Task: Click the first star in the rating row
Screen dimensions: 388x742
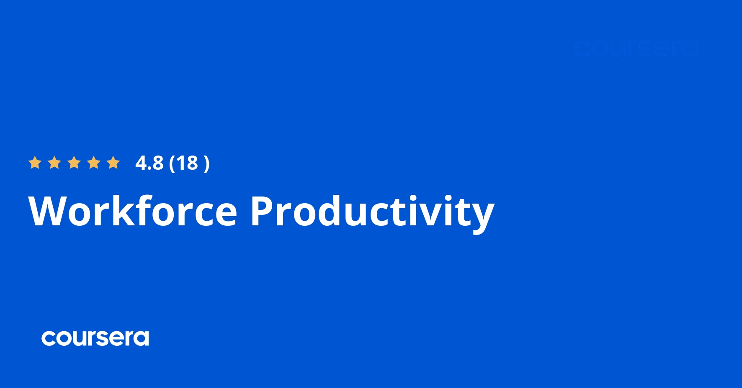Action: (x=35, y=163)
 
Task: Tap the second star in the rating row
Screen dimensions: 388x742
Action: (x=54, y=163)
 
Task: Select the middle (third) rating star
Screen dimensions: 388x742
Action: (x=74, y=163)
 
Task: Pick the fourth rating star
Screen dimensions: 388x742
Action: (x=94, y=163)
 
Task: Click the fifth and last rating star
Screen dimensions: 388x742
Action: (x=113, y=163)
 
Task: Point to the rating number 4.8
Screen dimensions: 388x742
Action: (x=149, y=163)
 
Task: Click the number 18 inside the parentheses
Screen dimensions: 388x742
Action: (x=187, y=163)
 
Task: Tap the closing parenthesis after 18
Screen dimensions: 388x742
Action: (x=206, y=163)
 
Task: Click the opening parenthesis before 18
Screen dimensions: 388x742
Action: (x=172, y=163)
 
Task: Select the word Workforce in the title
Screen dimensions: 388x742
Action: (x=133, y=211)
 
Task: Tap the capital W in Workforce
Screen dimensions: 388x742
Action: (x=46, y=211)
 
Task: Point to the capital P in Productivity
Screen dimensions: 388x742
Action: (x=263, y=211)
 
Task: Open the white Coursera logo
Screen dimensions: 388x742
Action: (x=95, y=338)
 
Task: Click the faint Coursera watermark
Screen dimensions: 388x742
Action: (x=636, y=49)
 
